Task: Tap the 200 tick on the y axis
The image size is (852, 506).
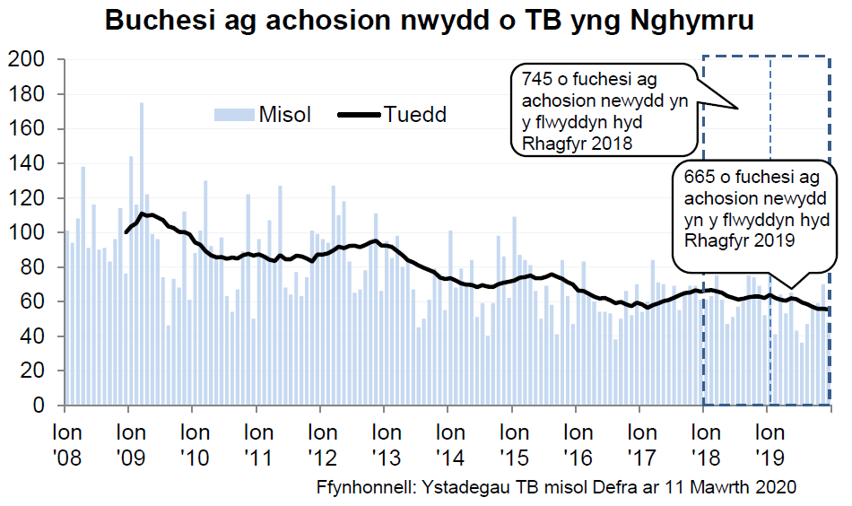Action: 27,60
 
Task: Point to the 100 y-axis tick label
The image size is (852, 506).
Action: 27,233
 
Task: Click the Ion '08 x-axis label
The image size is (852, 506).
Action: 67,445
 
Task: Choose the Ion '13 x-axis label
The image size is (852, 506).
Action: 386,445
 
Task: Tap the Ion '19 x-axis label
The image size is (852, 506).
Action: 768,445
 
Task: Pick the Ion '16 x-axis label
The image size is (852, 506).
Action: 577,445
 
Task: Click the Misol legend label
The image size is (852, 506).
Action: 284,115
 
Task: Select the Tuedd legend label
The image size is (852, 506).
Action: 414,115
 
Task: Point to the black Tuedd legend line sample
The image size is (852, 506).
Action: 359,115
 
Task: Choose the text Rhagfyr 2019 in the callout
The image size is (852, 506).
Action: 738,240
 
